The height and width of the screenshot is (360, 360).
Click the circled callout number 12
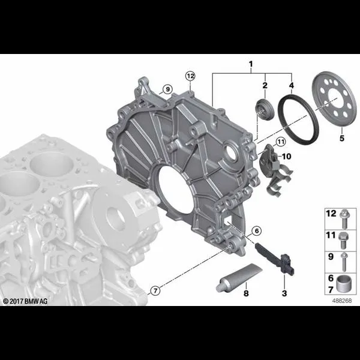pos(190,76)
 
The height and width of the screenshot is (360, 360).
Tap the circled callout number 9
pos(167,89)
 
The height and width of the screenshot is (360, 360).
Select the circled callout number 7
pos(155,291)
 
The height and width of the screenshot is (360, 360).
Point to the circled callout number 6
pos(256,231)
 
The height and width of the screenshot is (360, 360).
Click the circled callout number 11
pos(281,142)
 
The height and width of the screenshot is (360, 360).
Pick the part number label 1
pos(251,64)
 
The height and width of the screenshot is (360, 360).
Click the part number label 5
pos(342,138)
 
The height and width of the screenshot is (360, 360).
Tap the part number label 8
pos(246,293)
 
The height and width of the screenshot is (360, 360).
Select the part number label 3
pos(284,293)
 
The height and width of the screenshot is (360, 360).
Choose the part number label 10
pos(286,157)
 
